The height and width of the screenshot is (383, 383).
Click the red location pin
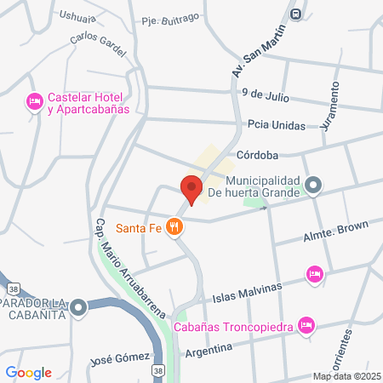click(x=191, y=188)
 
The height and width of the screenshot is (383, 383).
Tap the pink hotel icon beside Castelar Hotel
click(x=35, y=102)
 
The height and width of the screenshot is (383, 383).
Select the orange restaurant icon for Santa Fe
click(x=174, y=226)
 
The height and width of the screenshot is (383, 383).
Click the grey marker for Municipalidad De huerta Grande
click(x=314, y=184)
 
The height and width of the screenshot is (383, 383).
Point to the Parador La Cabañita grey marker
click(x=78, y=307)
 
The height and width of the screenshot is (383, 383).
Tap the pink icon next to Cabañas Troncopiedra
click(x=307, y=324)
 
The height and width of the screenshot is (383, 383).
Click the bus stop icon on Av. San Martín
click(x=295, y=14)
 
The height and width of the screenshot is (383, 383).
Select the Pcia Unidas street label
click(x=277, y=124)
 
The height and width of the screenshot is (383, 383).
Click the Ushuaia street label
click(x=77, y=15)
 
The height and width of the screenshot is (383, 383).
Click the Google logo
click(x=29, y=372)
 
